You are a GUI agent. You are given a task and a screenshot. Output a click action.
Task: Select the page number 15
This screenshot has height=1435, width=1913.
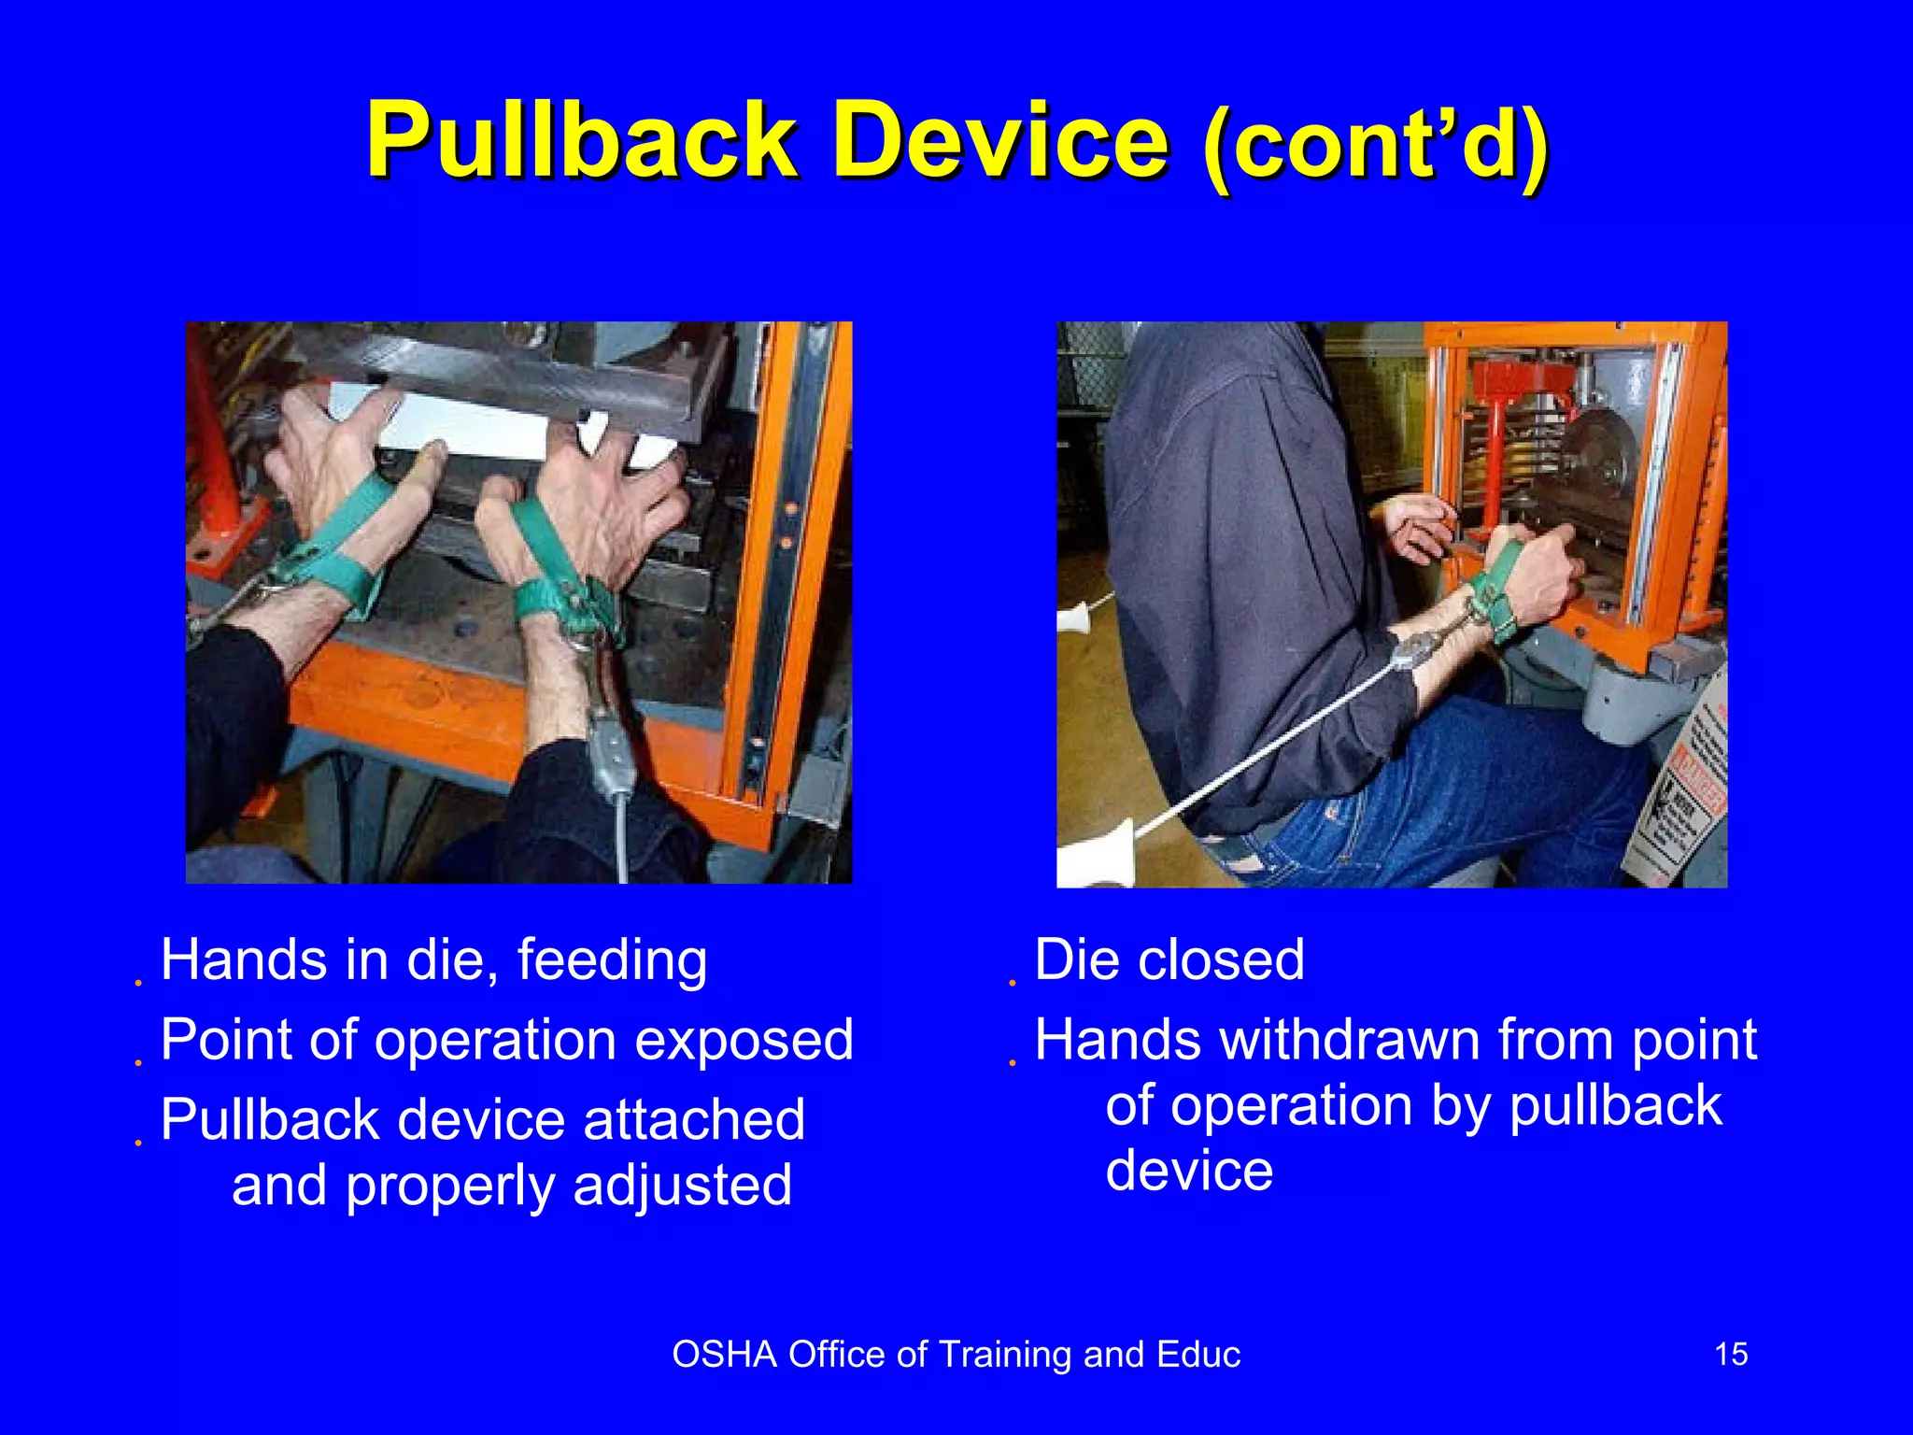(1731, 1354)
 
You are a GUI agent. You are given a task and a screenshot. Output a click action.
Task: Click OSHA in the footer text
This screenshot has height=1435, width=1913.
(724, 1355)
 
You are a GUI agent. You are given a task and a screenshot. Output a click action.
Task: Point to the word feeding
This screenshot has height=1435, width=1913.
(612, 960)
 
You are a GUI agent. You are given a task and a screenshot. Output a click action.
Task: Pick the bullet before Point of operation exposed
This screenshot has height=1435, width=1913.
(137, 1062)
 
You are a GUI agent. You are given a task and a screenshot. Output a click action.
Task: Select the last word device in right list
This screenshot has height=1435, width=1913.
(1189, 1171)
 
